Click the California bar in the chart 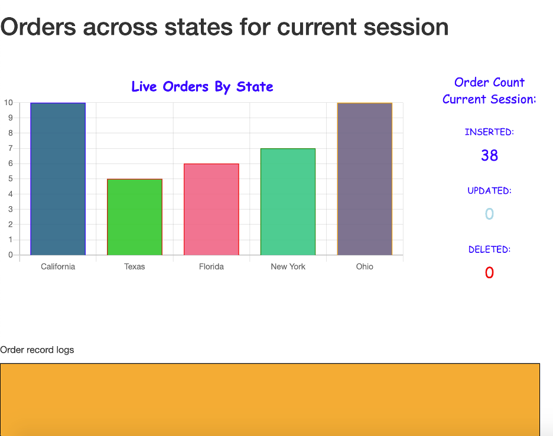pyautogui.click(x=58, y=179)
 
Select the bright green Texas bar pyautogui.click(x=135, y=217)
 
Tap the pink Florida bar pyautogui.click(x=212, y=209)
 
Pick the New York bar pyautogui.click(x=288, y=202)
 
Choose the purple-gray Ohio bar pyautogui.click(x=365, y=179)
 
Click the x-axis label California pyautogui.click(x=58, y=266)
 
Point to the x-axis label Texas pyautogui.click(x=134, y=266)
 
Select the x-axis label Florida pyautogui.click(x=212, y=266)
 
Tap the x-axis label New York pyautogui.click(x=288, y=266)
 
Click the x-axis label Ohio pyautogui.click(x=365, y=266)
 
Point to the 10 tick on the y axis pyautogui.click(x=8, y=103)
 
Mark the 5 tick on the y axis pyautogui.click(x=11, y=179)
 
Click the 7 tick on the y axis pyautogui.click(x=11, y=148)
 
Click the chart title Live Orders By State pyautogui.click(x=202, y=87)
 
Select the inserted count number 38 pyautogui.click(x=490, y=155)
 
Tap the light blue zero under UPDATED pyautogui.click(x=489, y=214)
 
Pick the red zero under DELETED pyautogui.click(x=489, y=273)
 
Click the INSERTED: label pyautogui.click(x=489, y=132)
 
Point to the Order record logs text pyautogui.click(x=37, y=350)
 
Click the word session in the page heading pyautogui.click(x=406, y=28)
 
